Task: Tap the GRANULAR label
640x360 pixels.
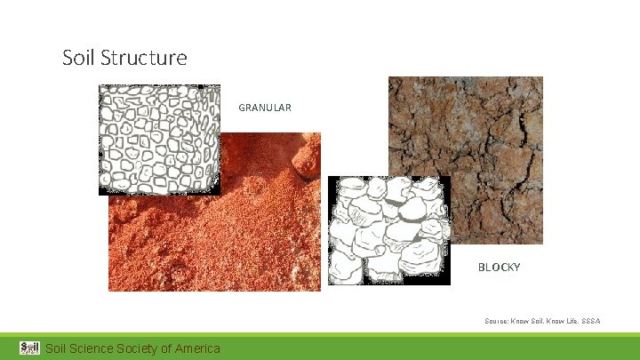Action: (x=264, y=108)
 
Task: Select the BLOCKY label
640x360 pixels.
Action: (x=499, y=267)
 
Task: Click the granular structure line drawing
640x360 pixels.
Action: (x=159, y=139)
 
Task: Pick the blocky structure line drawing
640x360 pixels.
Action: (x=388, y=229)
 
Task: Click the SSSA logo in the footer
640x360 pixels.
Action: (x=29, y=348)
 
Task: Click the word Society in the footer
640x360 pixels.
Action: (x=136, y=348)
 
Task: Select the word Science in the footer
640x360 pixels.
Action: (x=92, y=348)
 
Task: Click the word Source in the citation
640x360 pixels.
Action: (x=496, y=320)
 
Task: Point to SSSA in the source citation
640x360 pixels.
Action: (x=591, y=320)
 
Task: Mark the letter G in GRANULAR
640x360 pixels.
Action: (x=242, y=108)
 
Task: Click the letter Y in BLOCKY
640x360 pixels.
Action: (x=516, y=267)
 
